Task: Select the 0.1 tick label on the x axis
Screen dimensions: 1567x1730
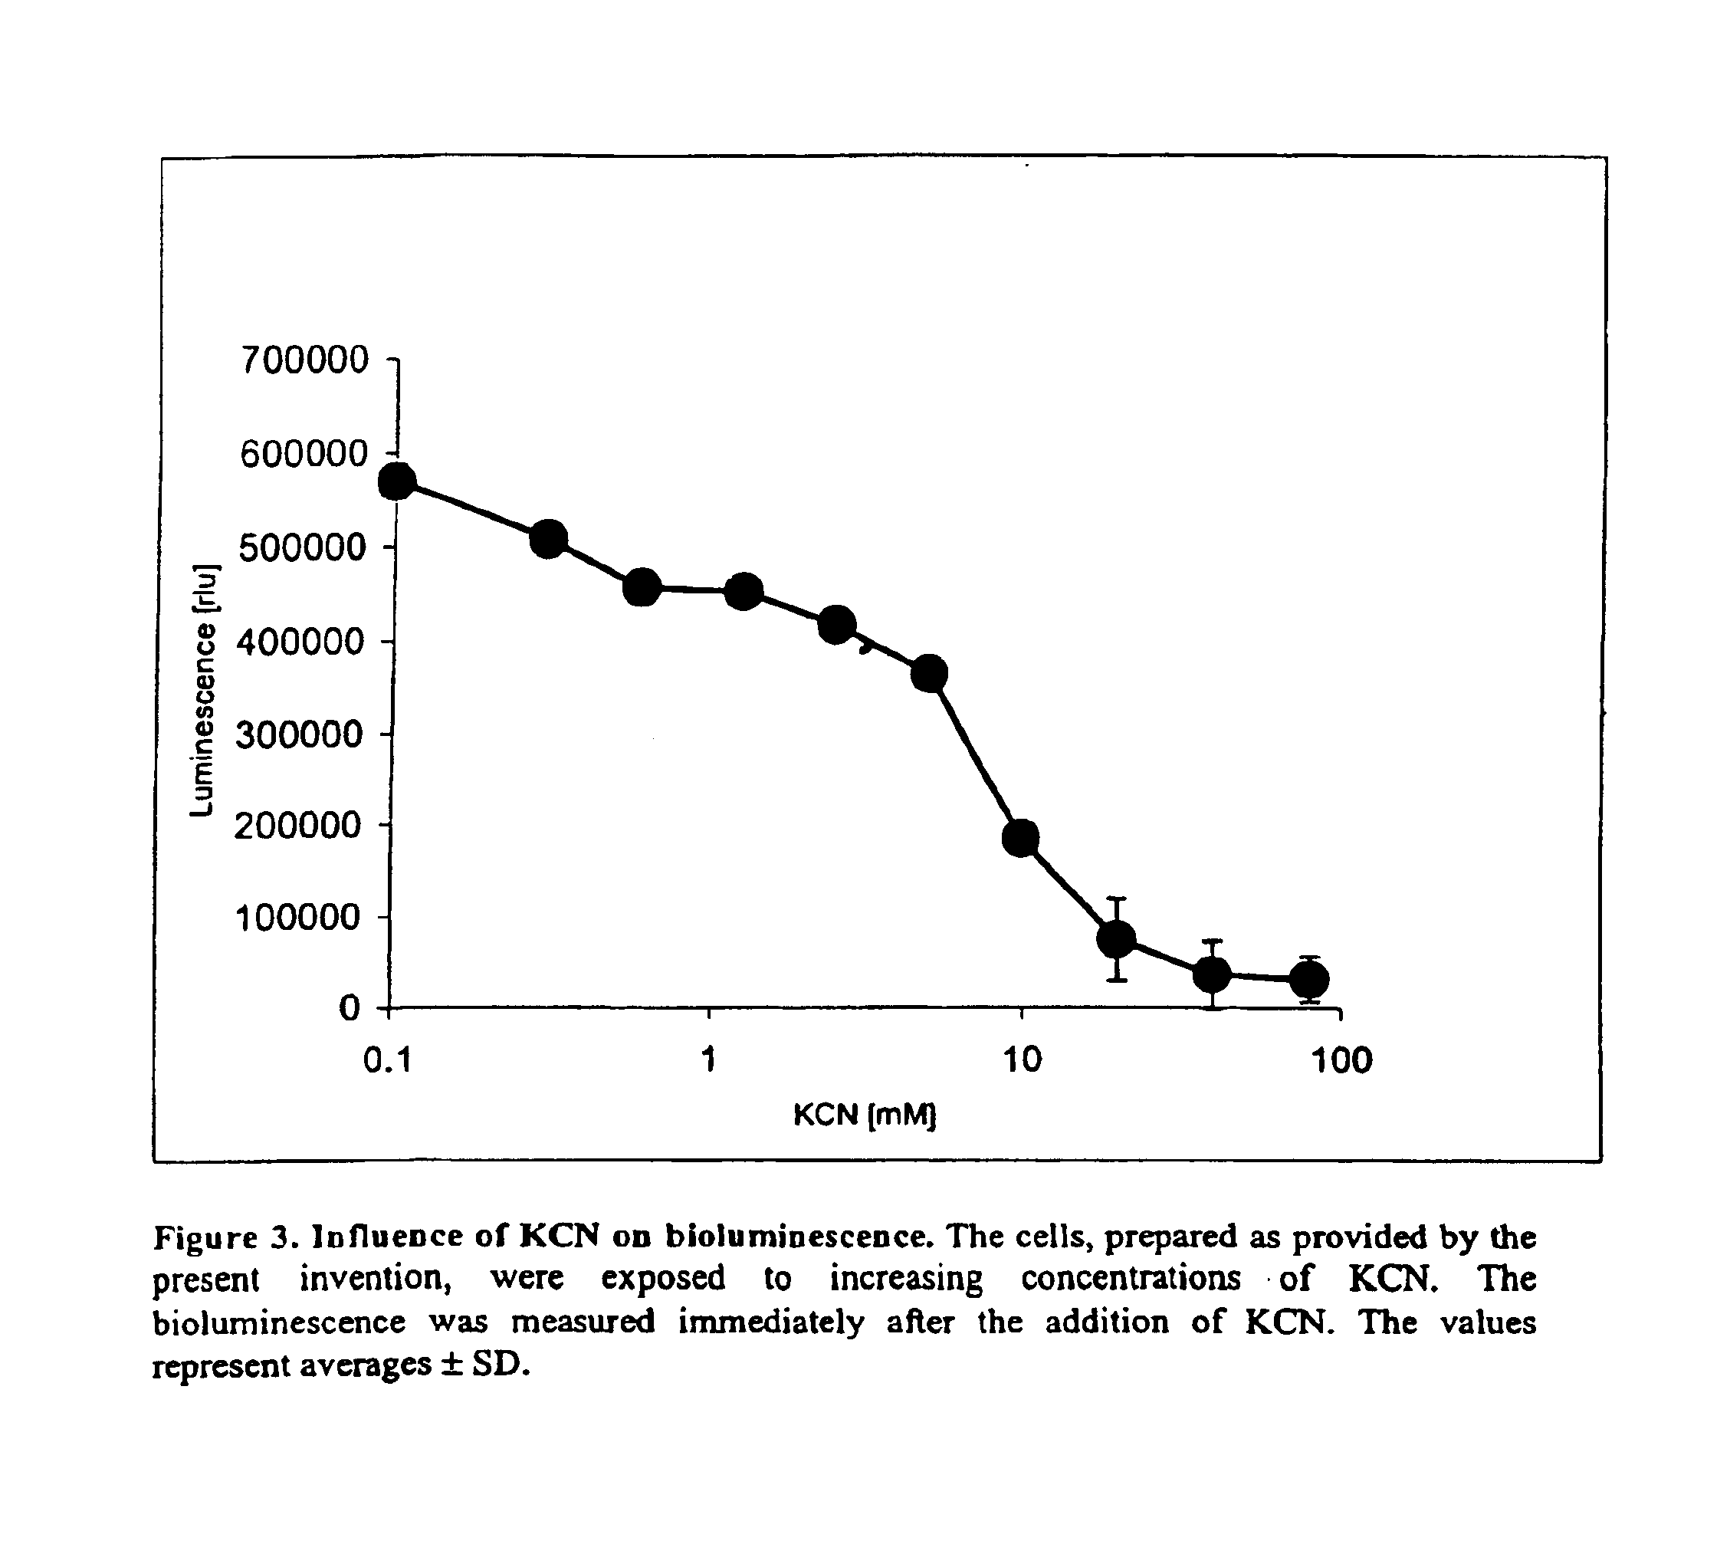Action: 388,1062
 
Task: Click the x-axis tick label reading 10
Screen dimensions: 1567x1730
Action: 1022,1062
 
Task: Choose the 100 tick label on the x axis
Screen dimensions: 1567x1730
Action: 1342,1062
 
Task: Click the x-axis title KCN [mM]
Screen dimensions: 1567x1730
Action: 864,1115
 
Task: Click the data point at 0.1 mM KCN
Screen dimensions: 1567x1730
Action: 397,482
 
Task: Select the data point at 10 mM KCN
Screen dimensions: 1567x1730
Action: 1020,838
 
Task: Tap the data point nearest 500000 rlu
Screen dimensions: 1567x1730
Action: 548,539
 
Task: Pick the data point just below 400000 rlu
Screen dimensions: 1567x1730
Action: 929,675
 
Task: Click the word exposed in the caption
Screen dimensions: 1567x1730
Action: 662,1279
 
